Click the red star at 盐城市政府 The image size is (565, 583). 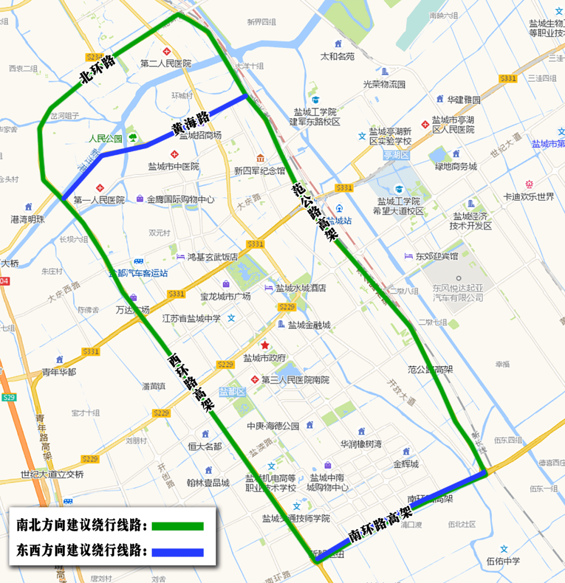[265, 345]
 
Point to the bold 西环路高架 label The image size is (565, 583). [191, 384]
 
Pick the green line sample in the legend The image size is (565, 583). [177, 526]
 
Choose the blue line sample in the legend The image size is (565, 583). [177, 552]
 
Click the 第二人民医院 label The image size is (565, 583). [166, 64]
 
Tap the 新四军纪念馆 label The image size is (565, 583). [259, 171]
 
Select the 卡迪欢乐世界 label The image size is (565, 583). [528, 197]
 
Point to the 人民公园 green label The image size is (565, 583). [105, 139]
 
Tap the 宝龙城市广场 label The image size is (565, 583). [225, 296]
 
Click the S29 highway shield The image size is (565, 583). [9, 397]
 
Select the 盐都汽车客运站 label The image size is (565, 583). [138, 272]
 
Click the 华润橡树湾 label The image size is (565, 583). [361, 444]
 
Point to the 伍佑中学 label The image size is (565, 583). [503, 561]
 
